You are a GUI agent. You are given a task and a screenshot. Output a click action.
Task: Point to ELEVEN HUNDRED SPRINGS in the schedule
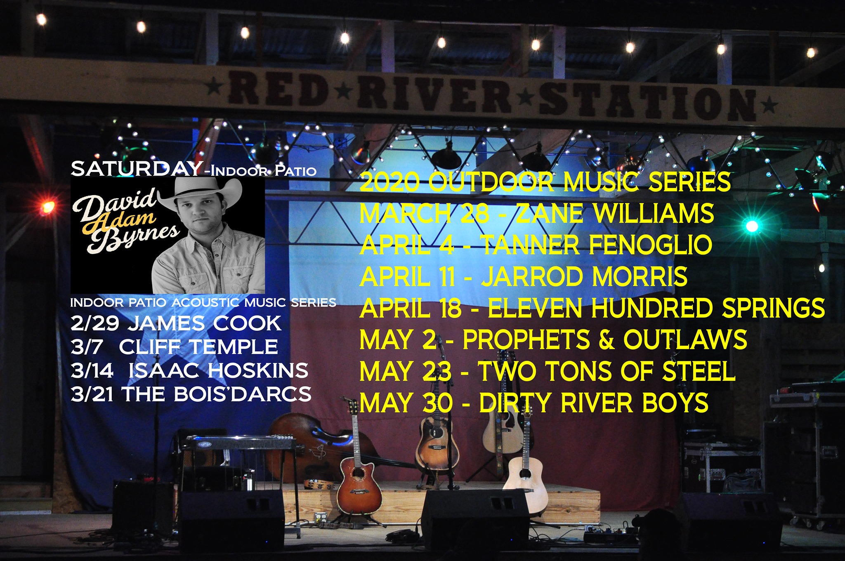tap(656, 308)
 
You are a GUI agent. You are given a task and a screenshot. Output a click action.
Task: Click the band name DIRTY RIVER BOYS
tap(594, 403)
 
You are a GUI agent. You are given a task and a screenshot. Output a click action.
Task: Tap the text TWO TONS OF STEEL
tap(607, 371)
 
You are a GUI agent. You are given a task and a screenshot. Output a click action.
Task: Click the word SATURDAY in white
tap(137, 169)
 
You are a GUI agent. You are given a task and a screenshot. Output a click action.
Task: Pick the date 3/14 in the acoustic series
tap(92, 370)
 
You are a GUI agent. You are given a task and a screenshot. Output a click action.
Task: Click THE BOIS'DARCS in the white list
tap(217, 394)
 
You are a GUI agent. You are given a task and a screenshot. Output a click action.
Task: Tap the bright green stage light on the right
tap(752, 226)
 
